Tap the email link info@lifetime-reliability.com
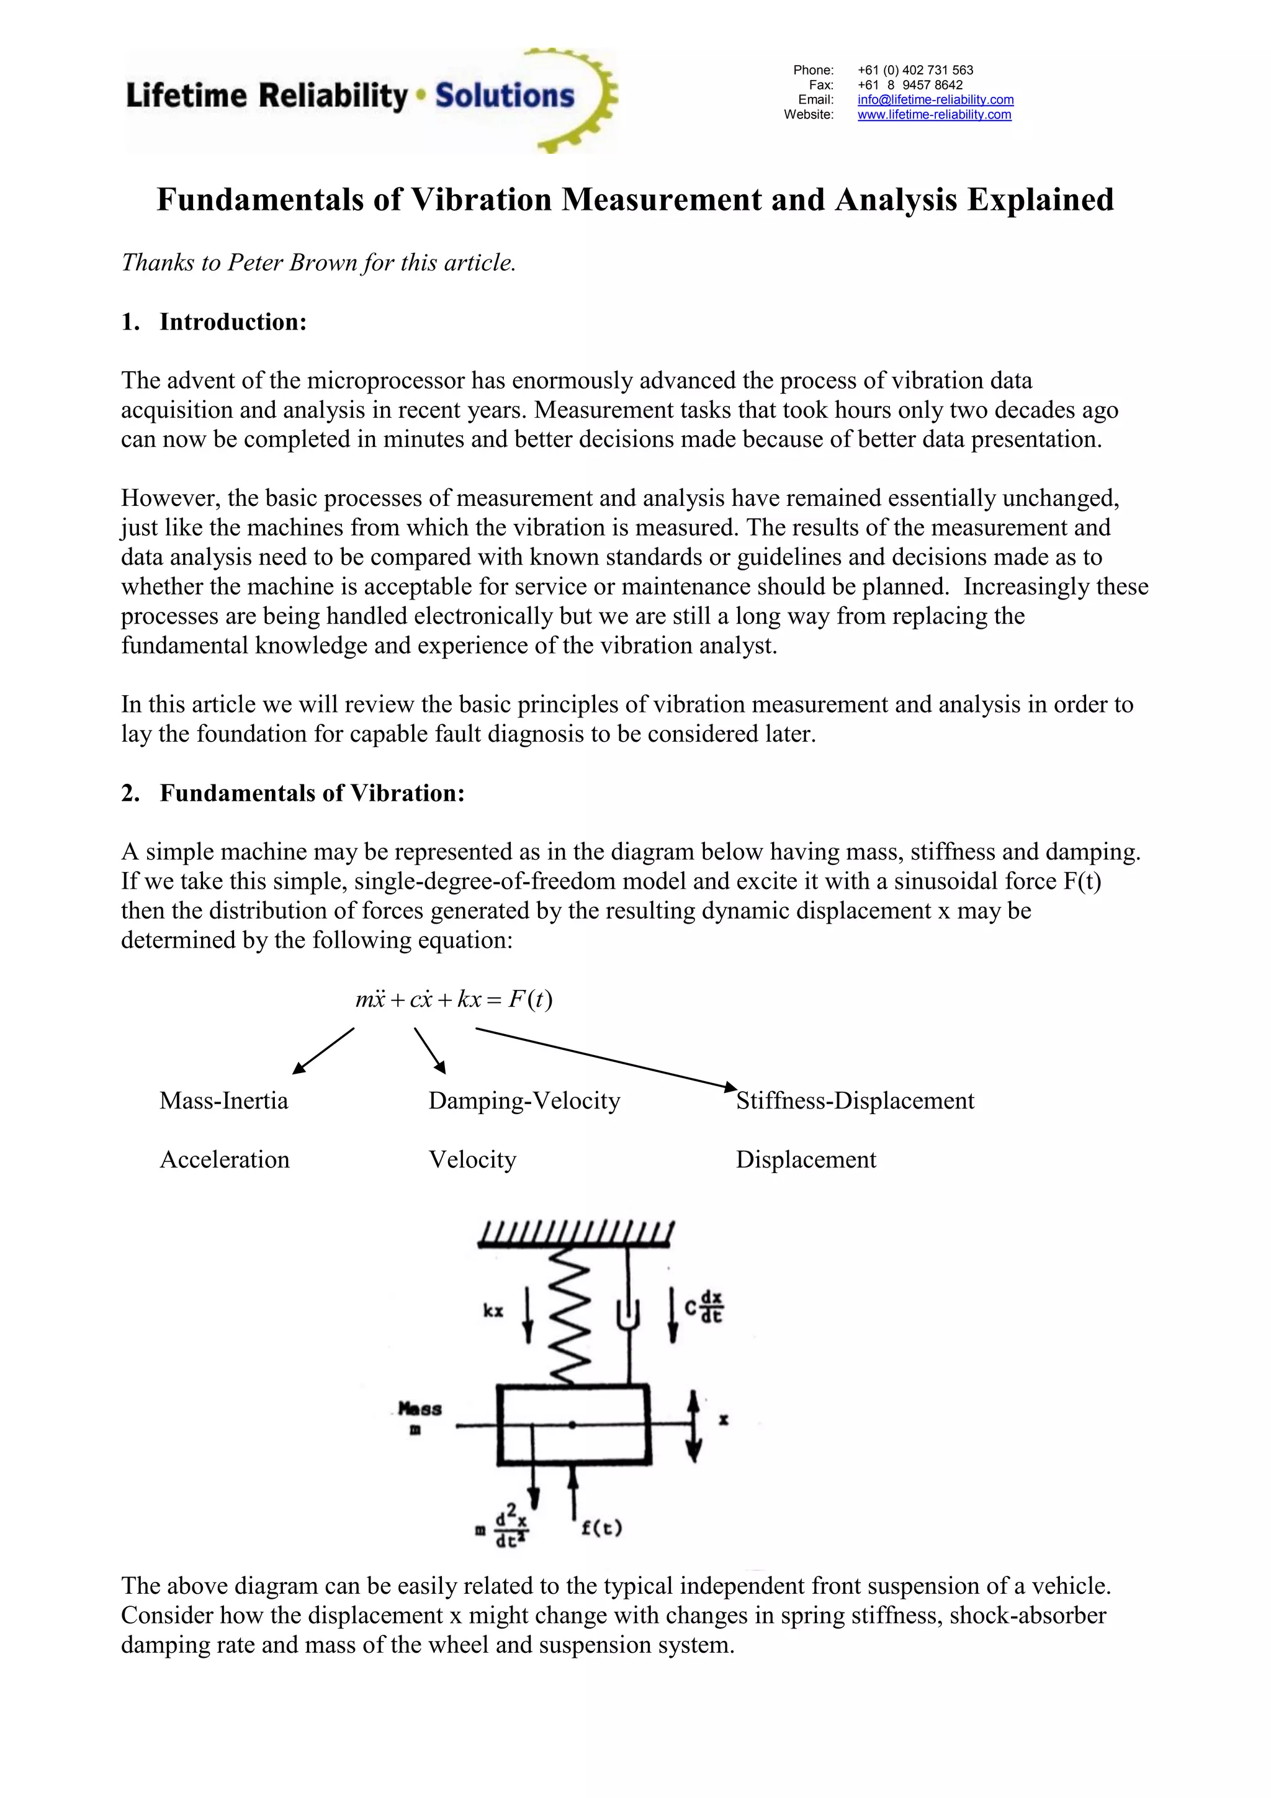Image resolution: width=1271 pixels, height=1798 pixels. click(935, 99)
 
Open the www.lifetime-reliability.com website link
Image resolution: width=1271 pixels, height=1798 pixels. click(933, 114)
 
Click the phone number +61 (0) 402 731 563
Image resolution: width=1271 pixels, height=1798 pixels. click(915, 70)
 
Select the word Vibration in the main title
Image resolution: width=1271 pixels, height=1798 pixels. click(482, 200)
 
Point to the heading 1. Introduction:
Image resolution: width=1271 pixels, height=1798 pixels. click(213, 322)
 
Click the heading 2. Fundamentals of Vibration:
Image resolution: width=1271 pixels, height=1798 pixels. click(293, 793)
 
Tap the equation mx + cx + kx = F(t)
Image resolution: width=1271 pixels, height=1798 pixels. click(454, 1000)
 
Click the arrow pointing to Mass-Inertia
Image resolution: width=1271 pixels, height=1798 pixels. click(323, 1051)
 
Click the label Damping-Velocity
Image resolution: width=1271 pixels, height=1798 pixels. click(524, 1100)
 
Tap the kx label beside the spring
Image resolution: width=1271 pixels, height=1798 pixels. click(493, 1311)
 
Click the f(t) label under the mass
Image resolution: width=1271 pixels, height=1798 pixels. click(601, 1528)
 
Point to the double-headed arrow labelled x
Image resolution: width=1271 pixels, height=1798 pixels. click(693, 1426)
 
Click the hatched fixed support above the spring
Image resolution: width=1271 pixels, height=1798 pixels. click(575, 1233)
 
